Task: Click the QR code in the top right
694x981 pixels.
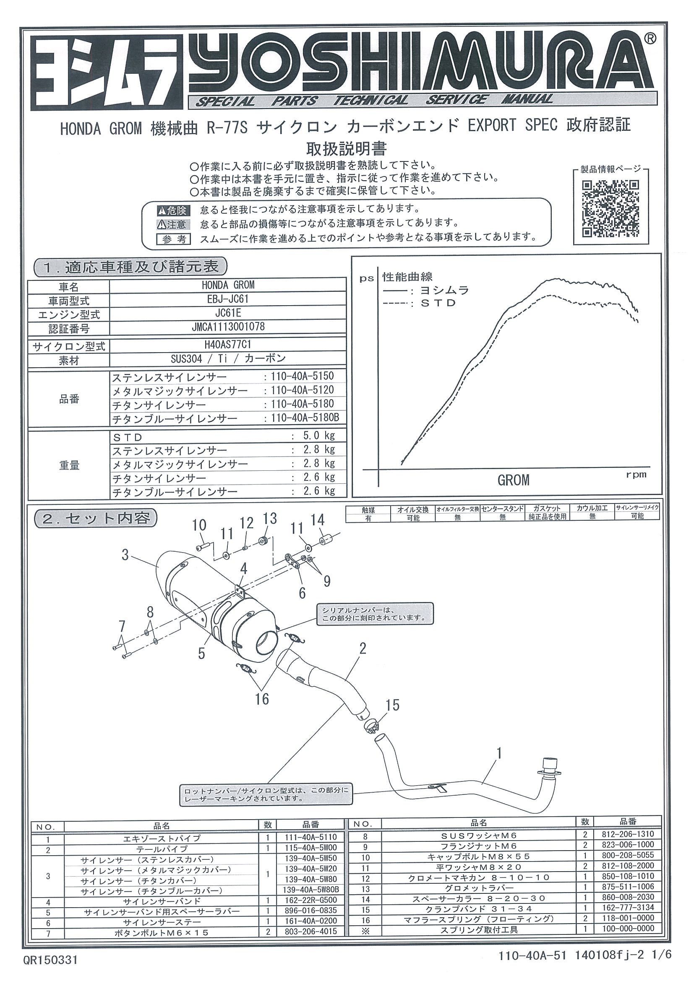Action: coord(611,208)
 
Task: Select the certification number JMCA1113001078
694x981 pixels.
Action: coord(227,327)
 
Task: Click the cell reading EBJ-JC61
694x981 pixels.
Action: coord(227,298)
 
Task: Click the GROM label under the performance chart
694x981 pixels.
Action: coord(513,480)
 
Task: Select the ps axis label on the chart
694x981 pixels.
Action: coord(366,278)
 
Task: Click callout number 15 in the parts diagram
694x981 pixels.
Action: coord(392,705)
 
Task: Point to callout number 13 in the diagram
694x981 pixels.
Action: coord(270,518)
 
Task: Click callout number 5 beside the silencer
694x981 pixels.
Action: coord(201,654)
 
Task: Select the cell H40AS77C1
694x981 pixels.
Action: coord(227,344)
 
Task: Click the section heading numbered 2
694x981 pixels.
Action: coord(96,518)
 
